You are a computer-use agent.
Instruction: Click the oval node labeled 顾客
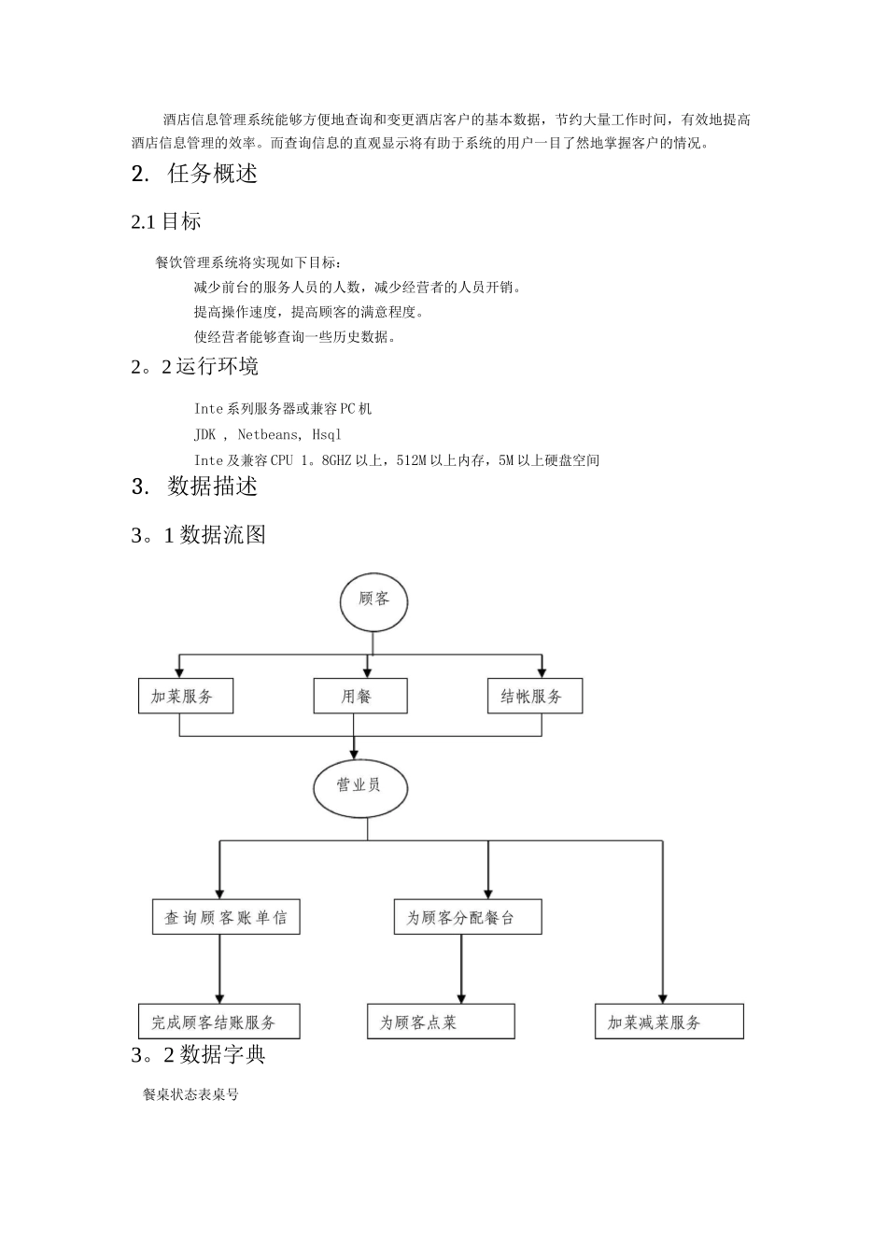(x=373, y=599)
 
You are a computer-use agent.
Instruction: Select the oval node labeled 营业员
(x=359, y=785)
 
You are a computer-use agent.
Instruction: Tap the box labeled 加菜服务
(x=185, y=697)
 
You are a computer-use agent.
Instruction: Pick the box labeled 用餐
(x=359, y=697)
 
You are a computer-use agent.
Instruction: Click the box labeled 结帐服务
(x=534, y=697)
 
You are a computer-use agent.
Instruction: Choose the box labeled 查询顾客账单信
(x=226, y=918)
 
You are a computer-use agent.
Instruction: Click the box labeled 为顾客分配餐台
(x=467, y=918)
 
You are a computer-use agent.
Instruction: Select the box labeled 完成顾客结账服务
(x=219, y=1022)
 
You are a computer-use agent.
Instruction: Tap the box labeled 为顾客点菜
(x=441, y=1022)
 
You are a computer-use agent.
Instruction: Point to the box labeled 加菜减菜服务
(x=669, y=1022)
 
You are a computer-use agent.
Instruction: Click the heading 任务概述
(x=212, y=174)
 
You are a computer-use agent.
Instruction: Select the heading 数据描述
(x=212, y=486)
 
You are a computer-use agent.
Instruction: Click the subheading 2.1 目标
(x=166, y=221)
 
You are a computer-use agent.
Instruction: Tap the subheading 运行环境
(x=217, y=366)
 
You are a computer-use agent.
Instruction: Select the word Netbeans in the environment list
(x=268, y=434)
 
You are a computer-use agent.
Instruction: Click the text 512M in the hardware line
(x=412, y=460)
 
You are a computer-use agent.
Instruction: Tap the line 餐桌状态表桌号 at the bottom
(x=190, y=1094)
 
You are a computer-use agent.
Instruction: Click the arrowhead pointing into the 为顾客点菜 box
(x=461, y=998)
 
